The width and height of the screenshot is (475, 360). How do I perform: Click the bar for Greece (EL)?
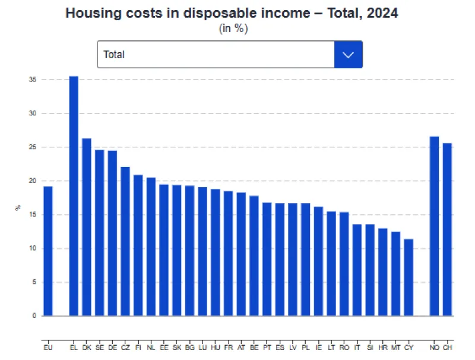[74, 196]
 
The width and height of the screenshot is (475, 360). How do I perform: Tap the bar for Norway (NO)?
[434, 226]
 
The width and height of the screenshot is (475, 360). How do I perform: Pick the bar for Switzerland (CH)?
[447, 229]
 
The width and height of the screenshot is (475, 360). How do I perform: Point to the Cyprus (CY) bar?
[408, 277]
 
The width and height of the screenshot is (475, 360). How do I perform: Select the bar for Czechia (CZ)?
[125, 241]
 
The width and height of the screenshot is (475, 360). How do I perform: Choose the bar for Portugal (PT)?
[267, 259]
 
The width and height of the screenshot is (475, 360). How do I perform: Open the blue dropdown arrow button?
[349, 55]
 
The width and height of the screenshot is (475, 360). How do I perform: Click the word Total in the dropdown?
[114, 55]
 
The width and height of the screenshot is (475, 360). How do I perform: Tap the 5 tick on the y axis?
[34, 282]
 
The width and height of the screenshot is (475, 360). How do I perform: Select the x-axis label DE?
[112, 346]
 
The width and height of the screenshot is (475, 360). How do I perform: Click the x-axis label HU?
[216, 346]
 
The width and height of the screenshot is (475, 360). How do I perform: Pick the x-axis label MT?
[395, 346]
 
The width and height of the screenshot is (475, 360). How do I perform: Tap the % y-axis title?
[17, 208]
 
